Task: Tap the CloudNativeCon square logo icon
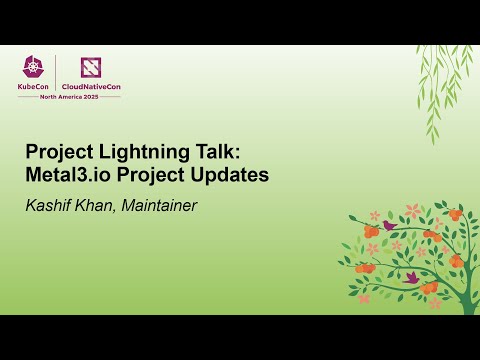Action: tap(92, 66)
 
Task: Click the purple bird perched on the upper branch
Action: tap(389, 226)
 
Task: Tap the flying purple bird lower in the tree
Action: tap(411, 276)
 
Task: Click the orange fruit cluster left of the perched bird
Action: tap(370, 232)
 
